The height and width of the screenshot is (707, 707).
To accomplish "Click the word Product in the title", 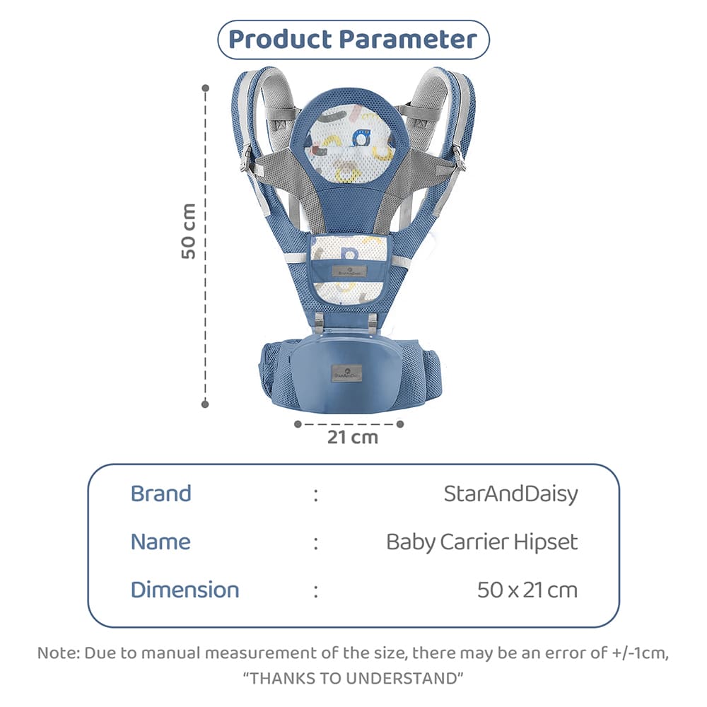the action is tap(280, 39).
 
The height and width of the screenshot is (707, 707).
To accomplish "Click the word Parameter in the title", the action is tap(408, 39).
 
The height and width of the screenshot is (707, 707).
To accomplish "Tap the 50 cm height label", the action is tap(189, 231).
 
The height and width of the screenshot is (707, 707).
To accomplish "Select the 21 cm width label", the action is tap(353, 438).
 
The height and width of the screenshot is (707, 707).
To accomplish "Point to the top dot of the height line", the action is tap(206, 88).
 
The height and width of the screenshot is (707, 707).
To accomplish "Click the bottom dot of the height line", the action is tap(205, 404).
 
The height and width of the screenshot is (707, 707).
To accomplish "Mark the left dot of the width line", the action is tap(298, 424).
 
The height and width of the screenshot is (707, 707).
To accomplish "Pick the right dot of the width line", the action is tap(400, 424).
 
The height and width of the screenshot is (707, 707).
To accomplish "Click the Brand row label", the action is tap(161, 493).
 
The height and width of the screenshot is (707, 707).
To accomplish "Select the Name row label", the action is tap(160, 542).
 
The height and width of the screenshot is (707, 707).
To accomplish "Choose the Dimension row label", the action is tap(185, 590).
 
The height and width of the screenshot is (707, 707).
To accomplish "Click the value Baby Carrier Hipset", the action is tap(482, 542).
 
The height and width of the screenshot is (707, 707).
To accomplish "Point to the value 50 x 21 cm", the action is tap(527, 590).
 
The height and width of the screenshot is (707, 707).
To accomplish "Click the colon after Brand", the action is tap(316, 495).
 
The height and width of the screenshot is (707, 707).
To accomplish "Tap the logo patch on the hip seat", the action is tap(346, 373).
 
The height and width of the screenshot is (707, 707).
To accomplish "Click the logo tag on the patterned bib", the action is tap(349, 271).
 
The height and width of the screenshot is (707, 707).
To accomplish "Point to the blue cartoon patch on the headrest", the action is tap(361, 138).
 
